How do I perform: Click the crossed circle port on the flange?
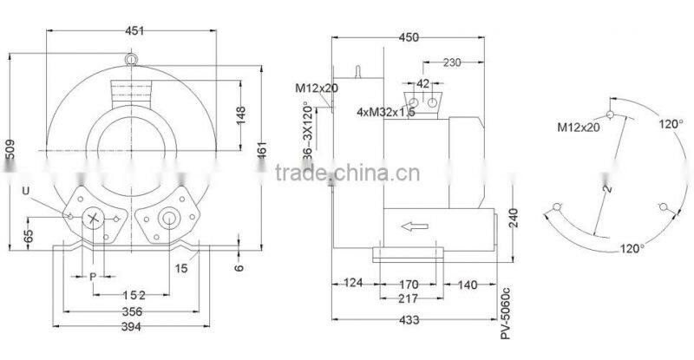point(93,218)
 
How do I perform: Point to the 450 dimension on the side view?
point(409,36)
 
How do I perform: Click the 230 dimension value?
point(451,62)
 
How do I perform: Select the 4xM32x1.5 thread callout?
point(385,112)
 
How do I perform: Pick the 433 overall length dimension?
point(409,320)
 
